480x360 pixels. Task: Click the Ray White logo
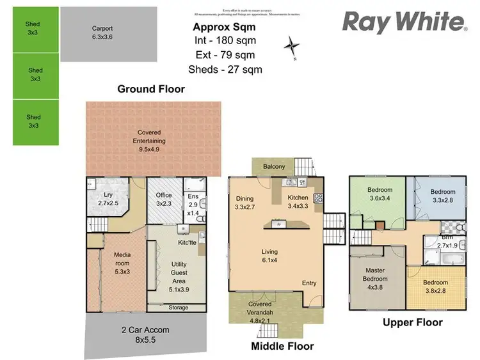pyautogui.click(x=404, y=22)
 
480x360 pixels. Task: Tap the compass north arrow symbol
pyautogui.click(x=293, y=47)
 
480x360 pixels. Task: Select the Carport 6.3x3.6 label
pyautogui.click(x=102, y=33)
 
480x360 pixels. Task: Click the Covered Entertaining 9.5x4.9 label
pyautogui.click(x=151, y=137)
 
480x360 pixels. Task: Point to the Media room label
pyautogui.click(x=122, y=260)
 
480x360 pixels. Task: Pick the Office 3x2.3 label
pyautogui.click(x=164, y=200)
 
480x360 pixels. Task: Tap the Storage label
pyautogui.click(x=179, y=308)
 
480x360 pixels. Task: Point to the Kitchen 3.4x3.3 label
pyautogui.click(x=298, y=202)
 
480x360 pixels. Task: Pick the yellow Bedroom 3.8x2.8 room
pyautogui.click(x=435, y=286)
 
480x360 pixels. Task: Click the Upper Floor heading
pyautogui.click(x=412, y=322)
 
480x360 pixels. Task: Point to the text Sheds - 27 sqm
pyautogui.click(x=225, y=70)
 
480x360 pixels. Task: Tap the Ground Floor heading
pyautogui.click(x=151, y=90)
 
